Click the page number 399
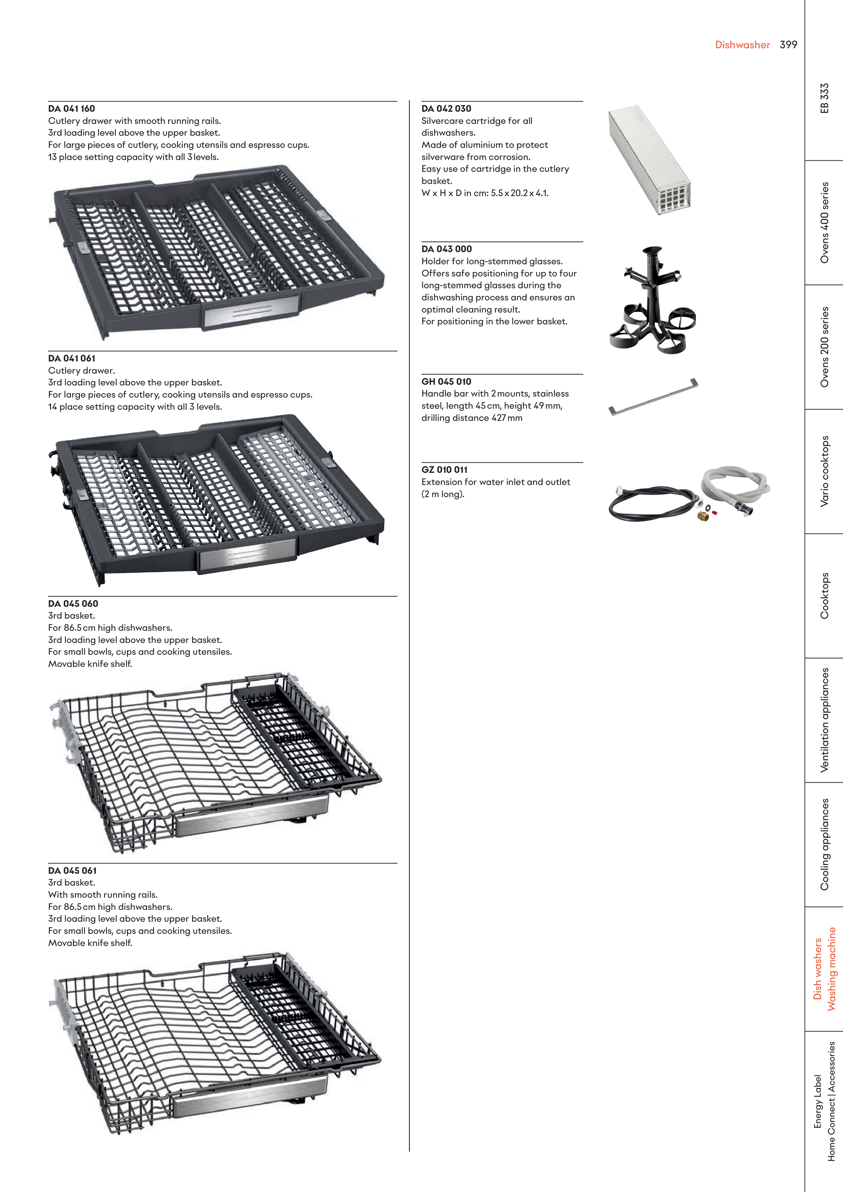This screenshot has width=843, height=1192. tap(788, 45)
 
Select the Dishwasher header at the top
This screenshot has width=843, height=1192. tap(742, 45)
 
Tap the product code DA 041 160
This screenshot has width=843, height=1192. tap(72, 109)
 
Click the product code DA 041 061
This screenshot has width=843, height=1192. tap(72, 358)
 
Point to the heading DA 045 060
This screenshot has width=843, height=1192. tap(73, 603)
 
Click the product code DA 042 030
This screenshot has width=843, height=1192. tap(446, 109)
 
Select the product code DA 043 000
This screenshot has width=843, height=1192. tap(447, 249)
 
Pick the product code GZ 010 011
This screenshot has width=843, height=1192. tap(445, 469)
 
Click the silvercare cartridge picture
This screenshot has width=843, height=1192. tap(649, 160)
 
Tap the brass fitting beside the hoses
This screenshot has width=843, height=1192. tap(703, 516)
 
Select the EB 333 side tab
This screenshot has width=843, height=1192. tap(824, 98)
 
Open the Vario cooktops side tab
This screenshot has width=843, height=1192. tap(824, 471)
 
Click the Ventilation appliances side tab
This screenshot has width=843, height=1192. tap(824, 720)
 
